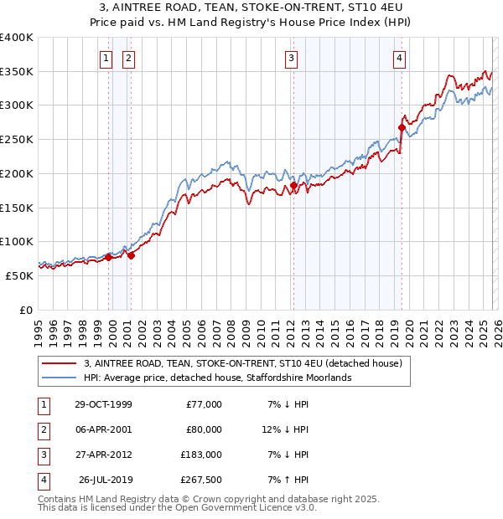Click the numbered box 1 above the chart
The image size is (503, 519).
tap(106, 58)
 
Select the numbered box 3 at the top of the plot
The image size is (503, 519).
tap(291, 58)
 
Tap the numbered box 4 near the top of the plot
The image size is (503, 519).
tap(399, 58)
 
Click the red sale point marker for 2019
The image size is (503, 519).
tap(402, 127)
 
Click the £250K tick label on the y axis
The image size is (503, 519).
tap(17, 139)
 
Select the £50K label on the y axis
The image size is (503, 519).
tap(19, 275)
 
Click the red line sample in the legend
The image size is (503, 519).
tap(58, 363)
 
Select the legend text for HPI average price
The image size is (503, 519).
tap(217, 378)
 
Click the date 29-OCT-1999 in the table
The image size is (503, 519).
tap(103, 404)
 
